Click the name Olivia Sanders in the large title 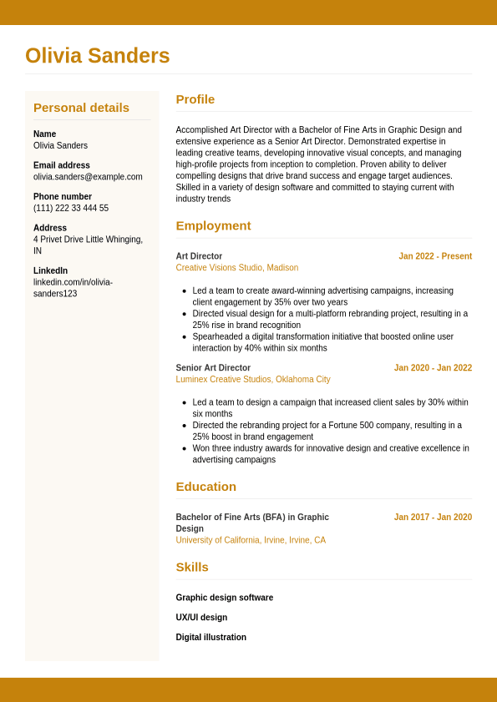coord(98,56)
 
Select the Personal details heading coord(81,108)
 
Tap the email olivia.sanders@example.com coord(88,177)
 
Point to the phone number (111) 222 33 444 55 coord(71,209)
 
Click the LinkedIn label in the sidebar coord(50,270)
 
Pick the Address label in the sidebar coord(50,228)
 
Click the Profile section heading coord(195,99)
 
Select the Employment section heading coord(213,225)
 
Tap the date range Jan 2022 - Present coord(435,256)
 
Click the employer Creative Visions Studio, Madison coord(236,268)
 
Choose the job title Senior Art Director coord(213,368)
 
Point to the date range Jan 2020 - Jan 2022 coord(433,368)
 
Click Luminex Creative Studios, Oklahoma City coord(252,380)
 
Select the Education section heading coord(205,487)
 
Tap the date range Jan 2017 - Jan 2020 coord(433,518)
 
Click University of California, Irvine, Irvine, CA coord(251,541)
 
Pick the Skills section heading coord(192,568)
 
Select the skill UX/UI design coord(201,618)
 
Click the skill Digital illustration coord(210,638)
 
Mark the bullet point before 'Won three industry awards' coord(184,448)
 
